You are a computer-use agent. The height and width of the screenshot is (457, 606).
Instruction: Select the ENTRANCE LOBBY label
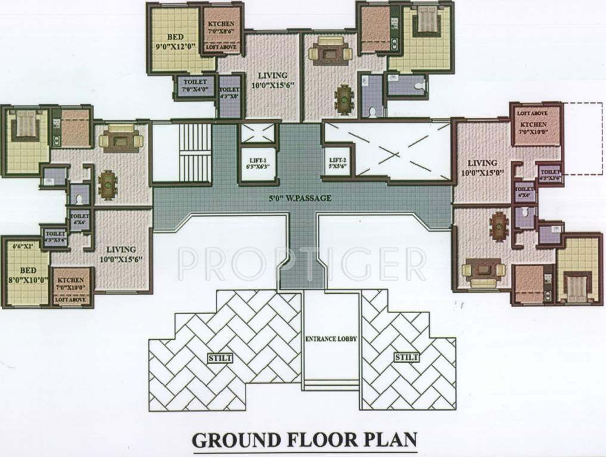point(331,339)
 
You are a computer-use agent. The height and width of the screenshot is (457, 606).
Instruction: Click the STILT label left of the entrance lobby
point(220,358)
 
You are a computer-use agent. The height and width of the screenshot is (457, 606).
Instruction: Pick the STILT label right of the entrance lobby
point(406,358)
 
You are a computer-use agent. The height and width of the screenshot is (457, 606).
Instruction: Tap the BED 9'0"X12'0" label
point(174,38)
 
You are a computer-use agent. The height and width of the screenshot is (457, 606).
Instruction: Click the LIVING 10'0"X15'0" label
point(481,168)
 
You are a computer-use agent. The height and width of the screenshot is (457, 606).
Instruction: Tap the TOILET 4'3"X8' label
point(229,88)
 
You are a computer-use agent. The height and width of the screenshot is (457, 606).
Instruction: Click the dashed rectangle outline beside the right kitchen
point(584,138)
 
